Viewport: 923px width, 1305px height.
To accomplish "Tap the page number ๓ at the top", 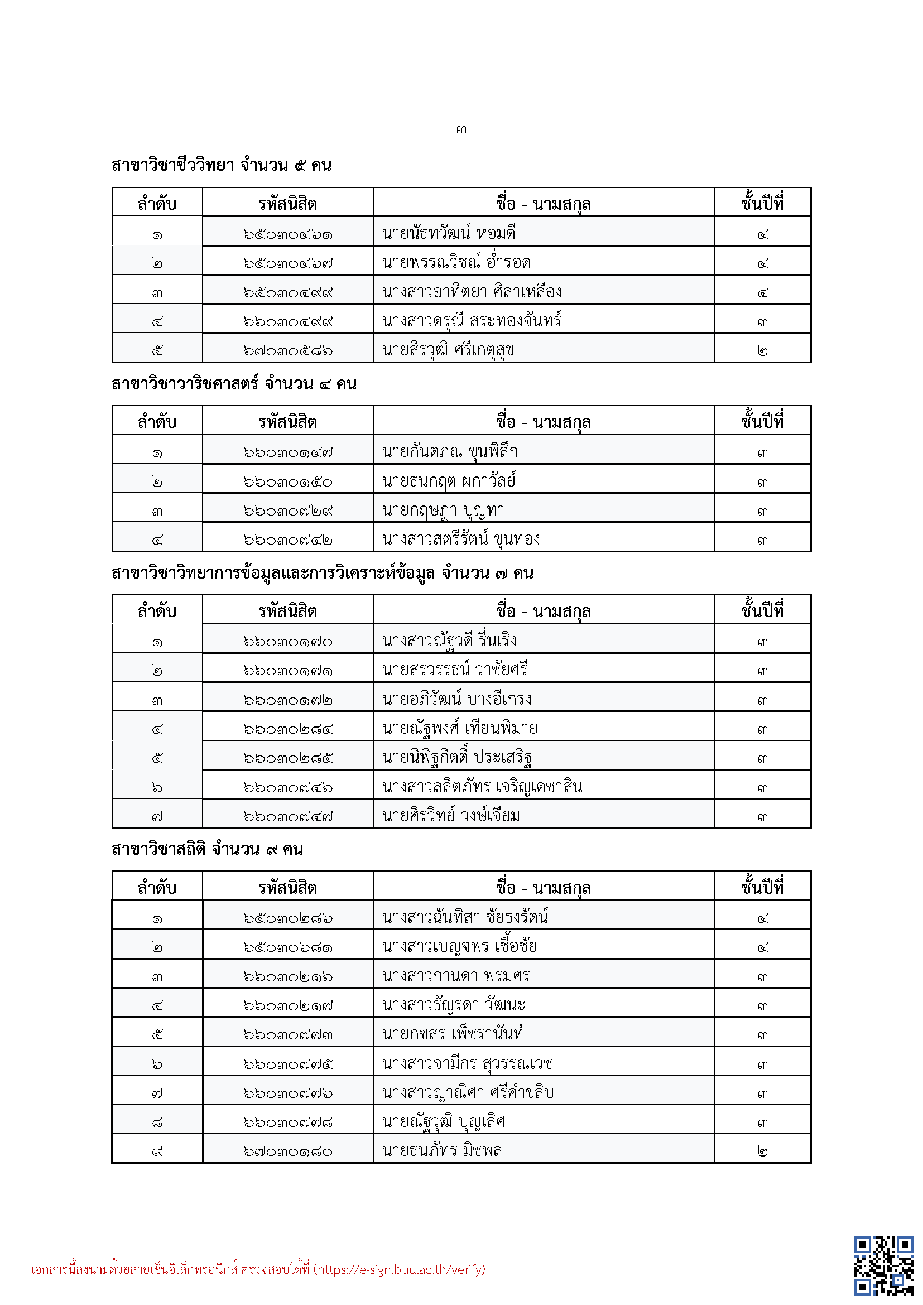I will (x=461, y=130).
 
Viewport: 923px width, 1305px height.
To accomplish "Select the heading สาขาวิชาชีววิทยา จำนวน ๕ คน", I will (x=221, y=165).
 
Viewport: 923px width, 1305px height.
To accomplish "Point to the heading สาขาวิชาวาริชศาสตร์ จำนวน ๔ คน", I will (x=234, y=384).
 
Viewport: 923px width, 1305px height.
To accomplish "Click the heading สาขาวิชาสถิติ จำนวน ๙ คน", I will (x=207, y=849).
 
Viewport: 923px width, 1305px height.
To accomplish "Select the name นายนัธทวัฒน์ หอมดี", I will (x=449, y=233).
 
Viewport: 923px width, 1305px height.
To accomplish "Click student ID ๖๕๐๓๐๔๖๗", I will (x=287, y=263).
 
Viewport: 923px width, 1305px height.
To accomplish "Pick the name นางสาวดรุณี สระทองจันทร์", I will (x=471, y=321).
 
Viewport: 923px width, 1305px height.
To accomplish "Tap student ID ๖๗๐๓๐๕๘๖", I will (x=287, y=351).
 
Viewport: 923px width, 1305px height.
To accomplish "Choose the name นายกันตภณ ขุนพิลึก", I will (x=450, y=452).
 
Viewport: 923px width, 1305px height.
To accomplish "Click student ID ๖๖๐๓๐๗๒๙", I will (x=287, y=511).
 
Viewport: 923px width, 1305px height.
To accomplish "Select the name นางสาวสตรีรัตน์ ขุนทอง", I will (x=460, y=539).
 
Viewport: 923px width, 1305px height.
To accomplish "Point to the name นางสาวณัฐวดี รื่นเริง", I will (x=449, y=641).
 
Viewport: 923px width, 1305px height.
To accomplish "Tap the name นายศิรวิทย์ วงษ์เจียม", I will (x=451, y=816).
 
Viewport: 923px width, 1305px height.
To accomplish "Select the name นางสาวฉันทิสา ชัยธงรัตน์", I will (x=465, y=917).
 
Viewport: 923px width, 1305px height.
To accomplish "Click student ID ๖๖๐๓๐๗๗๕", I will (x=287, y=1064).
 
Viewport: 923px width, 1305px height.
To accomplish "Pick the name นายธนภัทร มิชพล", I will (x=441, y=1151).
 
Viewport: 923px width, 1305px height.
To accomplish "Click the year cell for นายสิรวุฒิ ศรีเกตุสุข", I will (x=762, y=351).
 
